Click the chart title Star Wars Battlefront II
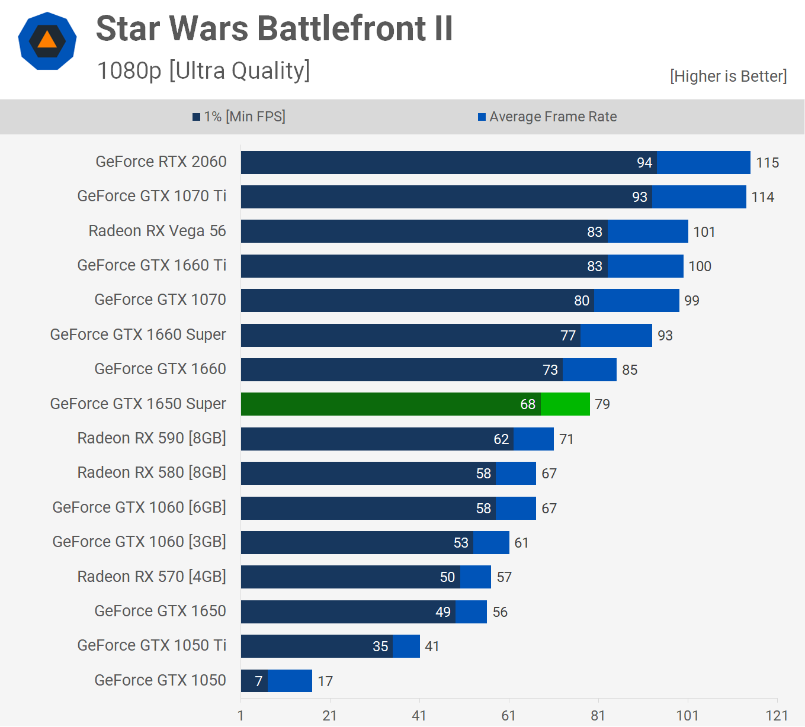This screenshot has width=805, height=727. coord(274,28)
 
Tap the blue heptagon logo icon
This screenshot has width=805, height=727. coord(47,41)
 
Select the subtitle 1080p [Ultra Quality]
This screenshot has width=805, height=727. coord(203,70)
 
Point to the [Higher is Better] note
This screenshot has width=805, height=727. coord(728,76)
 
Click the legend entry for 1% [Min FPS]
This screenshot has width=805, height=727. coord(239,117)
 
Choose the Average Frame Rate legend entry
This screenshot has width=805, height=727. coord(548,117)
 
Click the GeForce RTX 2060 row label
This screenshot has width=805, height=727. coord(161,162)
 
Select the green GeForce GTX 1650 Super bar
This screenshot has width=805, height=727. coord(415,404)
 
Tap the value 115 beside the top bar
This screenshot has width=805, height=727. coord(767,163)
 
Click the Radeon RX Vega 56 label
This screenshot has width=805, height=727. coord(157,231)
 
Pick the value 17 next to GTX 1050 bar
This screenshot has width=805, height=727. coord(325,681)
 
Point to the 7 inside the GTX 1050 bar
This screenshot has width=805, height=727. coord(258,681)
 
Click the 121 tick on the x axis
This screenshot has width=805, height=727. coord(776,716)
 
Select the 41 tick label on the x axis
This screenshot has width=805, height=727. coord(419,716)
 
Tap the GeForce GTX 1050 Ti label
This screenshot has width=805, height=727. coord(152,645)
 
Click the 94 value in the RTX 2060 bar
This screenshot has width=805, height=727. coord(644,163)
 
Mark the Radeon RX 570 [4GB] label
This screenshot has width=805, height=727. coord(152,577)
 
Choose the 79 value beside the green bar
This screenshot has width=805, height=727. coord(602,404)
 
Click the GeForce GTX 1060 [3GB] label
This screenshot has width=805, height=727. coord(139,542)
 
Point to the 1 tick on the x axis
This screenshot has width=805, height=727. coord(240,716)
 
